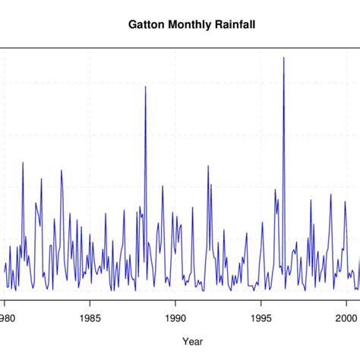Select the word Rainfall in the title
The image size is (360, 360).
pyautogui.click(x=234, y=24)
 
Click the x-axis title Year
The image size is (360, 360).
pyautogui.click(x=182, y=341)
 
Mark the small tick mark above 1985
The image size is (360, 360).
pyautogui.click(x=90, y=303)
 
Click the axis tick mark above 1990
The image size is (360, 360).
pyautogui.click(x=175, y=303)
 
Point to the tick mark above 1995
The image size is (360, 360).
pyautogui.click(x=261, y=303)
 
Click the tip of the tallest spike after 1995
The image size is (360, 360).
pyautogui.click(x=284, y=57)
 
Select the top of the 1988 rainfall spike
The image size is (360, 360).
pyautogui.click(x=145, y=87)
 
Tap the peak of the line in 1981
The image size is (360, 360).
pyautogui.click(x=23, y=162)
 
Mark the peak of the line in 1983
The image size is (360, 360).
pyautogui.click(x=62, y=170)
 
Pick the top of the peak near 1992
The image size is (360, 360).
pyautogui.click(x=207, y=166)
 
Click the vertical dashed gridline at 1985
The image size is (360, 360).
pyautogui.click(x=90, y=114)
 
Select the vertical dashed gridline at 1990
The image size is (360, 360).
pyautogui.click(x=175, y=114)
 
